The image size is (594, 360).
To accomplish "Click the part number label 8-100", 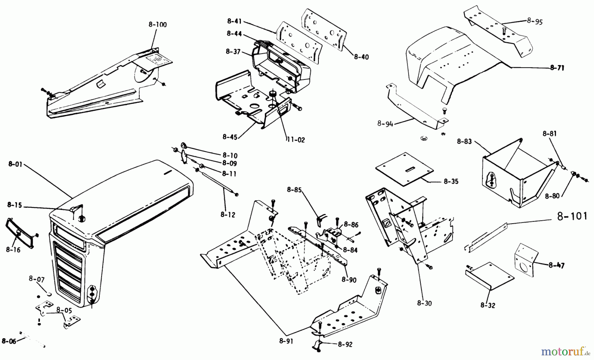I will (157, 25).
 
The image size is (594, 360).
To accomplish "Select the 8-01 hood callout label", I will (15, 164).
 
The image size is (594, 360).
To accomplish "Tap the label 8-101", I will (572, 217).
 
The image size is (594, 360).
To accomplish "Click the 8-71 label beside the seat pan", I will (557, 68).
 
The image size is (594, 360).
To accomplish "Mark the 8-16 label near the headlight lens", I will (13, 250).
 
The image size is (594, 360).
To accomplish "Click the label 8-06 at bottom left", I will (9, 341).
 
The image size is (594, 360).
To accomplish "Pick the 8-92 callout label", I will (345, 344).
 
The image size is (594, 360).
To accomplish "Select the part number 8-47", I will (557, 265).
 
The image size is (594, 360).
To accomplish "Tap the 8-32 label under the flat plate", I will (488, 305).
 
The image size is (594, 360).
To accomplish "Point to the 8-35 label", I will (451, 181).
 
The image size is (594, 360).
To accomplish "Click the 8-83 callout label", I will (464, 141).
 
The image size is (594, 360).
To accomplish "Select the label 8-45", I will (230, 137).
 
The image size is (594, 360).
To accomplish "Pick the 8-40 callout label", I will (361, 57).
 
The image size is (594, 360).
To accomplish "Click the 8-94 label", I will (385, 124).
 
